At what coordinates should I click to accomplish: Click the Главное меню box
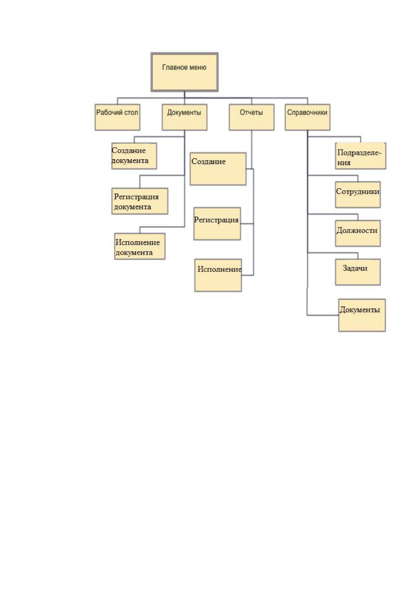[x=184, y=72]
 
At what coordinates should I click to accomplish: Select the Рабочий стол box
[x=117, y=117]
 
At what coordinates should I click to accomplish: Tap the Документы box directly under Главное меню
[x=184, y=117]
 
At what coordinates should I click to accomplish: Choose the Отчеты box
[x=252, y=117]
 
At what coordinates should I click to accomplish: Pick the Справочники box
[x=307, y=117]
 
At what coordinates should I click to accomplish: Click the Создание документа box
[x=134, y=156]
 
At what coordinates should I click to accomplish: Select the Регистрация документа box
[x=139, y=201]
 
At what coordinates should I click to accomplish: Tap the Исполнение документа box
[x=139, y=246]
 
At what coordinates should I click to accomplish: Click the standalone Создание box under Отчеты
[x=218, y=169]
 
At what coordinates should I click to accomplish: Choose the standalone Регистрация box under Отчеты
[x=217, y=224]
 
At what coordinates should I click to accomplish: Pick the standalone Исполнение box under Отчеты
[x=218, y=275]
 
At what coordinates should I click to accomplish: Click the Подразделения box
[x=361, y=156]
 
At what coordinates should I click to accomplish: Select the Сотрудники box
[x=358, y=195]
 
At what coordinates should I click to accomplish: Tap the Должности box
[x=358, y=233]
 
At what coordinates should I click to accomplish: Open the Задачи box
[x=358, y=272]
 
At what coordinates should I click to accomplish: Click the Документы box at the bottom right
[x=362, y=315]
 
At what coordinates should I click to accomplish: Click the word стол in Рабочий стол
[x=131, y=112]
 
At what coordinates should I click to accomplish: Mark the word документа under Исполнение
[x=134, y=253]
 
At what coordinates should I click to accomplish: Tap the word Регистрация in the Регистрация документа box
[x=136, y=197]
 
